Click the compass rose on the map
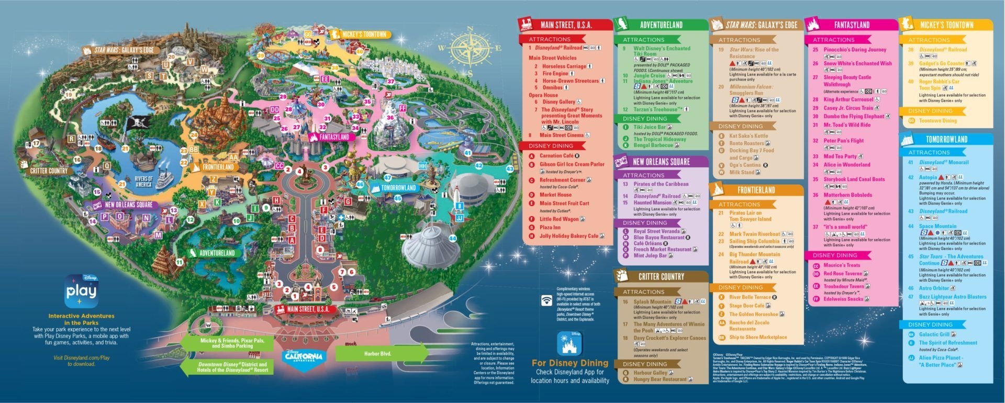point(470,51)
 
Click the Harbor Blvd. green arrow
point(377,354)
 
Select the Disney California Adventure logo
point(304,356)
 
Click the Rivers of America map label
point(143,181)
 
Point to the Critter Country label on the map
point(48,170)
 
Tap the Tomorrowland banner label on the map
point(398,188)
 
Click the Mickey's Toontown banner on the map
point(364,34)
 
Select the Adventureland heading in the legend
point(661,25)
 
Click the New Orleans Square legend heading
point(661,162)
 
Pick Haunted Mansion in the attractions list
point(652,202)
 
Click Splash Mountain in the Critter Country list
point(652,302)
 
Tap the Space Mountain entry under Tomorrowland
point(937,226)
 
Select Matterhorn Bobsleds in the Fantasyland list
point(847,195)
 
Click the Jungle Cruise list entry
point(649,75)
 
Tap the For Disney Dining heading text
point(569,363)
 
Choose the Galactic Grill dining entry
point(934,335)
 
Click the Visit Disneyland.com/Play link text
point(81,361)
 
